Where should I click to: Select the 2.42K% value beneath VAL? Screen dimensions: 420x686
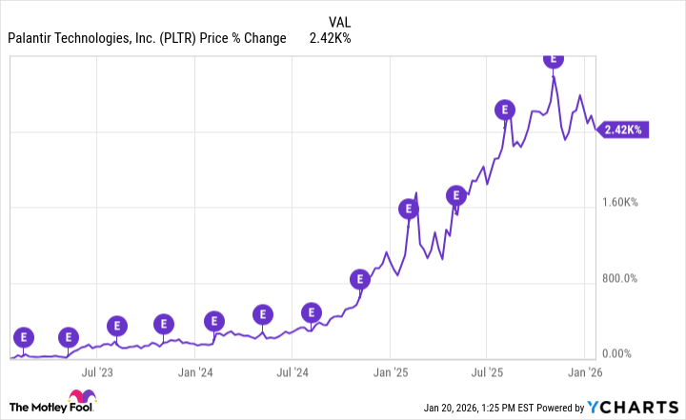pyautogui.click(x=330, y=38)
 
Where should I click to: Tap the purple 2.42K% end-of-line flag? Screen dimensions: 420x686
pyautogui.click(x=623, y=130)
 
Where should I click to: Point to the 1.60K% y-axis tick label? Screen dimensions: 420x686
pyautogui.click(x=626, y=203)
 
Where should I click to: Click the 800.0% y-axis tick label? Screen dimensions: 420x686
pyautogui.click(x=626, y=279)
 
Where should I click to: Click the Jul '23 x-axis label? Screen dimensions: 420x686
pyautogui.click(x=98, y=372)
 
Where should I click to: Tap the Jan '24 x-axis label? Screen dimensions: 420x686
pyautogui.click(x=195, y=372)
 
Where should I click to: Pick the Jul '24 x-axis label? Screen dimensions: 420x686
pyautogui.click(x=293, y=372)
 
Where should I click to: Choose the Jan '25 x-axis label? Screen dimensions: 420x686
pyautogui.click(x=390, y=372)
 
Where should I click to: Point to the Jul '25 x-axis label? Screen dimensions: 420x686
pyautogui.click(x=487, y=372)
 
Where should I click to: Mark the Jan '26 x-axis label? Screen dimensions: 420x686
pyautogui.click(x=584, y=372)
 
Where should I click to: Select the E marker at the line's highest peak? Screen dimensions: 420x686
pyautogui.click(x=554, y=59)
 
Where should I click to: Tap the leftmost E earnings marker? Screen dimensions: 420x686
pyautogui.click(x=24, y=336)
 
